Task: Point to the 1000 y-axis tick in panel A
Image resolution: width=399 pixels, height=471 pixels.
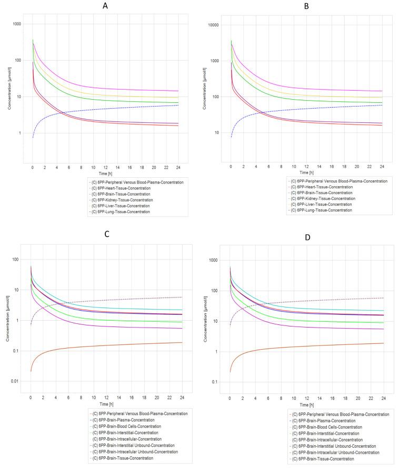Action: point(17,24)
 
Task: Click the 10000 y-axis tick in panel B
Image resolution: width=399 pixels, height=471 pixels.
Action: point(212,25)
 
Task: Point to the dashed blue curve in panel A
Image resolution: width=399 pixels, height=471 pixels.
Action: point(105,108)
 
